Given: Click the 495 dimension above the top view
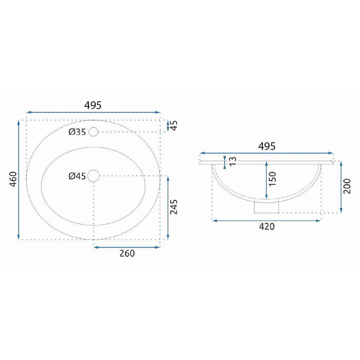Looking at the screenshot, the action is click(x=93, y=105).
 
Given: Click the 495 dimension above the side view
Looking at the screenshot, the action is click(x=266, y=146).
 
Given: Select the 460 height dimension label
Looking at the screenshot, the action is click(x=13, y=179).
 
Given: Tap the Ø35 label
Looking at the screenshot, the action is click(x=77, y=132).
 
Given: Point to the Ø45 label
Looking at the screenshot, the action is click(x=77, y=176).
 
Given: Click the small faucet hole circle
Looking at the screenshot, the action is click(x=94, y=132).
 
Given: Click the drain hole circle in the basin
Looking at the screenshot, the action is click(x=94, y=176).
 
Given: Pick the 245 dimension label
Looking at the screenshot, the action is click(x=174, y=207).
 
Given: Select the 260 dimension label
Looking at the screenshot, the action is click(x=127, y=253).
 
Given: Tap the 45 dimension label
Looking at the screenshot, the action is click(x=174, y=126).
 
